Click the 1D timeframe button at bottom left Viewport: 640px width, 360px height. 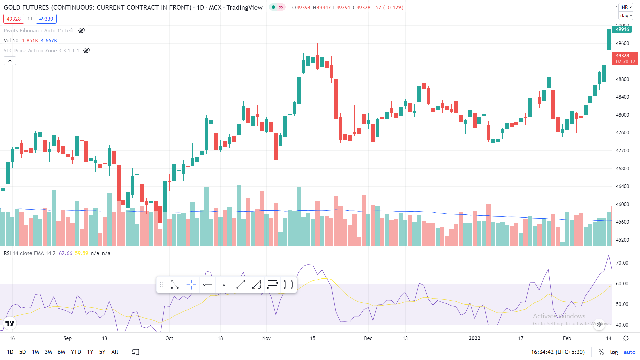[10, 352]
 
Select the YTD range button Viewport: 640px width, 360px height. [76, 352]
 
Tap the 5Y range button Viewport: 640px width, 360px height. [102, 352]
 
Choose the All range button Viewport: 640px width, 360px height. [115, 352]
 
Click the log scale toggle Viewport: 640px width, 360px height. [614, 352]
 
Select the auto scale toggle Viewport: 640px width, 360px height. [629, 352]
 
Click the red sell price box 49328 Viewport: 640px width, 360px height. [14, 19]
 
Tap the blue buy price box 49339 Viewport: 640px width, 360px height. [46, 19]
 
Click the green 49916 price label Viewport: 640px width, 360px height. [622, 29]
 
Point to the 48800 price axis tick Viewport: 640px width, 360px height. [622, 79]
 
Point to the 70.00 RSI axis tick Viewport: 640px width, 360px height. [622, 263]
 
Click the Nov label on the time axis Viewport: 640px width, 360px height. [266, 338]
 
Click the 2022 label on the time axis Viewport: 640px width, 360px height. [474, 338]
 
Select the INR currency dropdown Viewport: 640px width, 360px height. [626, 7]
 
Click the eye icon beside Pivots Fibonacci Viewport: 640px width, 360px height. [82, 31]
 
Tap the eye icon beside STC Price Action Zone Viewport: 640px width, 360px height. [87, 51]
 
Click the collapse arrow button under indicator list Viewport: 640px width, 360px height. [10, 61]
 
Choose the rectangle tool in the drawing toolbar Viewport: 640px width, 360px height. [289, 285]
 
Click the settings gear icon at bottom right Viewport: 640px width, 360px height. [626, 338]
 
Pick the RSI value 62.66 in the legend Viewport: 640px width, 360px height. [65, 253]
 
